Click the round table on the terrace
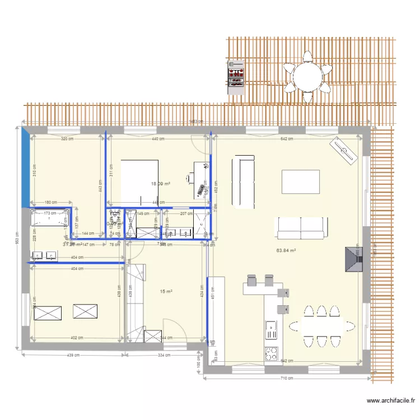tap(306, 77)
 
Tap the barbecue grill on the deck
tap(235, 77)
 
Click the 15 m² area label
tap(166, 291)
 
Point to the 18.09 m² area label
tap(161, 183)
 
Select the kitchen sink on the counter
tap(271, 329)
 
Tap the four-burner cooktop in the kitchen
tap(271, 353)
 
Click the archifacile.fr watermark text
tap(391, 401)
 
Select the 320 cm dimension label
tap(67, 139)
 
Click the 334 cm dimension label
tap(164, 355)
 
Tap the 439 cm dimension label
tap(70, 355)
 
